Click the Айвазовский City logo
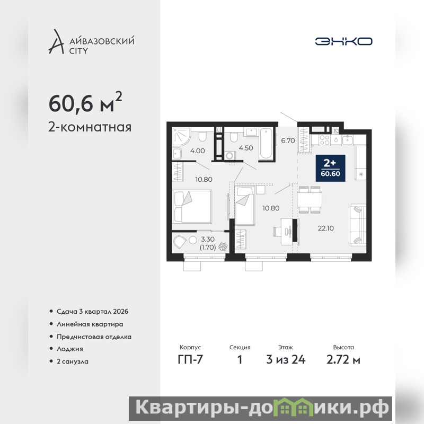[x=91, y=42]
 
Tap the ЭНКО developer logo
[x=343, y=41]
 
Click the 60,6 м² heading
[x=85, y=102]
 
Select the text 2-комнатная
[x=90, y=127]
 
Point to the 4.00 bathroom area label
[x=197, y=151]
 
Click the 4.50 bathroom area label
[x=246, y=148]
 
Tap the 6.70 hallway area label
[x=288, y=140]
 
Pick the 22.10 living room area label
[x=325, y=228]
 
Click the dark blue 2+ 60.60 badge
[x=330, y=168]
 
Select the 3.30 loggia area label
[x=208, y=240]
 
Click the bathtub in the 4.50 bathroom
[x=266, y=144]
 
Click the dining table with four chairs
[x=310, y=200]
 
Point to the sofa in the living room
[x=358, y=225]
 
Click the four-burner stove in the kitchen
[x=324, y=140]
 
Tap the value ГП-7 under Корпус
[x=190, y=360]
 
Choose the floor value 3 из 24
[x=286, y=360]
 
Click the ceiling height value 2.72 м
[x=343, y=360]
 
